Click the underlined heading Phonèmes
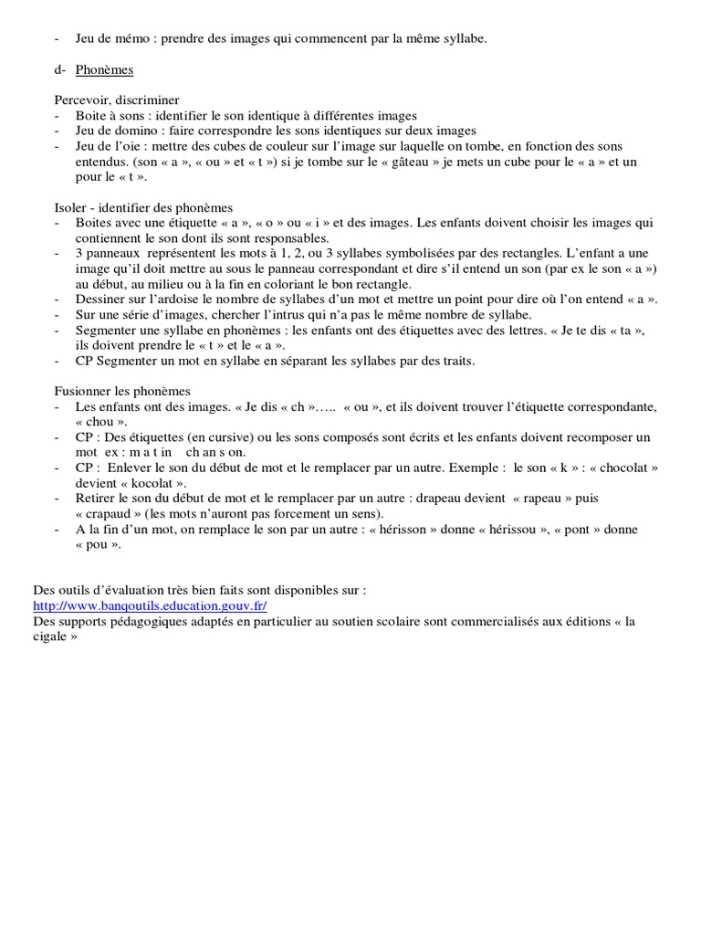[105, 69]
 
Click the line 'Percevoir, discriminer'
[115, 100]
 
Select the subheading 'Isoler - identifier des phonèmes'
[143, 207]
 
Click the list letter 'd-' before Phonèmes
[59, 69]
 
